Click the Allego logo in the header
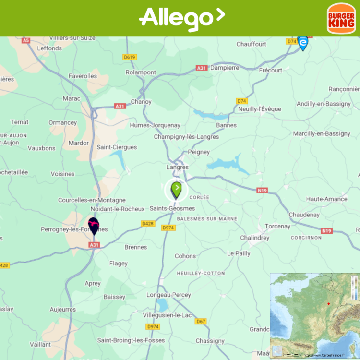pos(181,18)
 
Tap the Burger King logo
pos(341,19)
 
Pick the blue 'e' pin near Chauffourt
pos(303,43)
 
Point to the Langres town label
pos(178,167)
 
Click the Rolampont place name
pos(141,72)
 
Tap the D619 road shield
pos(130,57)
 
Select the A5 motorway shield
pos(26,40)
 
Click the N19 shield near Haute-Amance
pos(262,191)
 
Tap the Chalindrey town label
pos(254,238)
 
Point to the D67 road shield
pos(201,321)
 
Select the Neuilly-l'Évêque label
pos(260,109)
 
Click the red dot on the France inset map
pos(328,303)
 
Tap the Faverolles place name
pos(83,76)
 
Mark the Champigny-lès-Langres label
pos(186,137)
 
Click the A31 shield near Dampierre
pos(202,68)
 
